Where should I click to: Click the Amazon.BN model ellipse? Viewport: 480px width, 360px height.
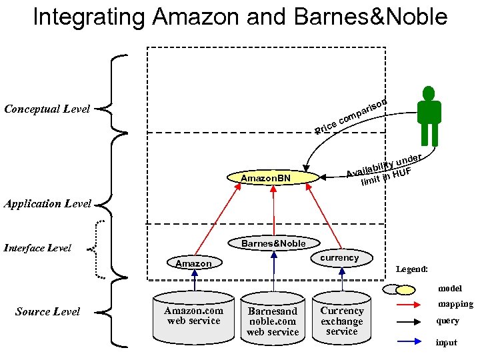[266, 178]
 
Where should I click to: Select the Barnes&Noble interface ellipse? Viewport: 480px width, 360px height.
[273, 243]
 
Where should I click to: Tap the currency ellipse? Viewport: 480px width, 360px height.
[339, 258]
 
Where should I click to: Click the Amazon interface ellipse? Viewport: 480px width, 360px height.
[193, 263]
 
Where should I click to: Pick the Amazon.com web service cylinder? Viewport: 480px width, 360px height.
[193, 317]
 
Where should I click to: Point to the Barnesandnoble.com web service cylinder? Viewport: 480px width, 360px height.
[273, 320]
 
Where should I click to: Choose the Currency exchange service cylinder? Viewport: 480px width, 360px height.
[342, 319]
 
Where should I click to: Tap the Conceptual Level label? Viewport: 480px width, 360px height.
[47, 109]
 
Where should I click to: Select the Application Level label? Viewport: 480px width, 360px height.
[47, 204]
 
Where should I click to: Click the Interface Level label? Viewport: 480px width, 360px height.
[38, 248]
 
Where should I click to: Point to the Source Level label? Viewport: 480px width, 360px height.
[47, 311]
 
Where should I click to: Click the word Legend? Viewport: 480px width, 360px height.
[411, 269]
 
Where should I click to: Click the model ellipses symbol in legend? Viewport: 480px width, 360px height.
[399, 289]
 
